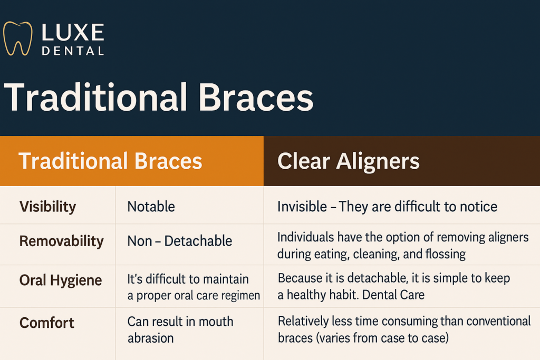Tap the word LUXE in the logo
point(73,33)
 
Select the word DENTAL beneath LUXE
point(73,51)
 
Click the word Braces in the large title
point(256,98)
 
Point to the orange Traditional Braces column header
point(110,161)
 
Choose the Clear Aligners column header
point(349,161)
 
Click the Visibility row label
point(47,207)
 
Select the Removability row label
point(61,241)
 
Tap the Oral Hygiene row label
point(61,280)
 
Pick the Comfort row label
point(46,323)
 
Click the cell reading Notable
point(151,207)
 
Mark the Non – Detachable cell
point(179,241)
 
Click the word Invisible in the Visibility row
point(302,207)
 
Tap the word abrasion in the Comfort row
point(150,338)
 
